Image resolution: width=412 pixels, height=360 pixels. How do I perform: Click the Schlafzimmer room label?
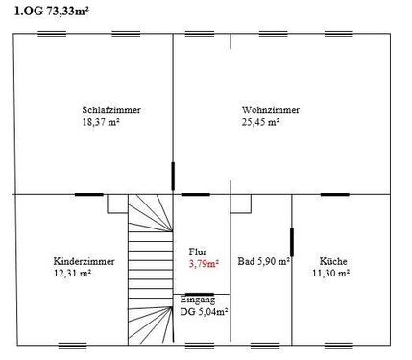[x=111, y=110]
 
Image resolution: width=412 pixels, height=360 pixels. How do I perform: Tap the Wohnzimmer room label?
[x=271, y=110]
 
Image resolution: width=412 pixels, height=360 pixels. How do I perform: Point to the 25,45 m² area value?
[x=260, y=122]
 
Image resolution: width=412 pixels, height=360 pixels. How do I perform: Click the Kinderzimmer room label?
[x=85, y=261]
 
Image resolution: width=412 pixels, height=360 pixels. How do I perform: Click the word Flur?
[x=198, y=252]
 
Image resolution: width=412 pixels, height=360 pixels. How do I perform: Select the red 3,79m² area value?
[x=204, y=263]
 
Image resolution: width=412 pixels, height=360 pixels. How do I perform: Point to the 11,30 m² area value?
[x=329, y=274]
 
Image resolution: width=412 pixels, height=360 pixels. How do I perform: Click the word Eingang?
[x=198, y=300]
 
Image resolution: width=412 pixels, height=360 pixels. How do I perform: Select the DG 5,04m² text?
[x=204, y=311]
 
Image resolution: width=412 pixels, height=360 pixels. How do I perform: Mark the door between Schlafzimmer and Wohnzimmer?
[x=173, y=177]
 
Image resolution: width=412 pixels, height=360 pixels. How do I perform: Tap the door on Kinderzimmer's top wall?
[x=89, y=194]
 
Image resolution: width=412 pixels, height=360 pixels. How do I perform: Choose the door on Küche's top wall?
[x=334, y=194]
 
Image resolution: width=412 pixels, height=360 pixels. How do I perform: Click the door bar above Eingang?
[x=200, y=294]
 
